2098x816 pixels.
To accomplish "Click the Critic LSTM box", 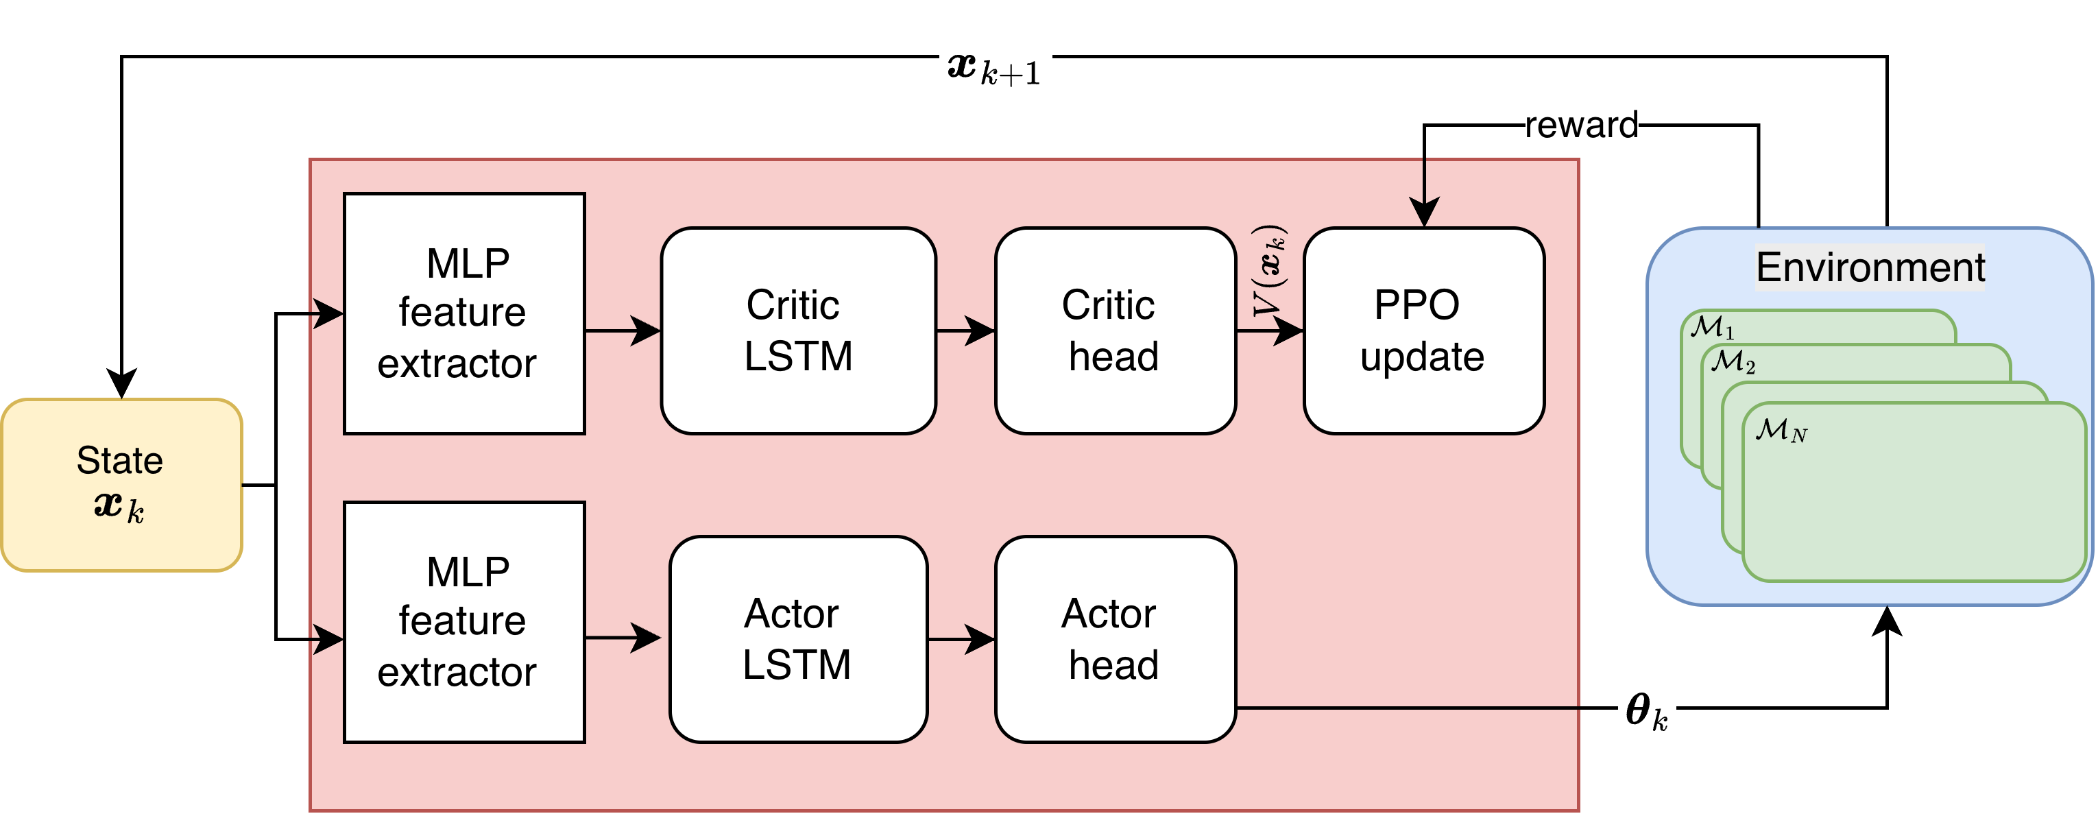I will click(797, 331).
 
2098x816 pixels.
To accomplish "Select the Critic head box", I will click(1114, 331).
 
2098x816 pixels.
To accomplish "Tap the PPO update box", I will click(1423, 331).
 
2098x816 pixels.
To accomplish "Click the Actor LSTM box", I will click(797, 639).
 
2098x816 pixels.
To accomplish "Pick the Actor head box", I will click(1114, 639).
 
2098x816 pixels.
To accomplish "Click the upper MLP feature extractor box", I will click(463, 313).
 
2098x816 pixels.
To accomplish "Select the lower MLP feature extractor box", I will click(463, 622).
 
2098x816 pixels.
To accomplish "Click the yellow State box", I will click(121, 485).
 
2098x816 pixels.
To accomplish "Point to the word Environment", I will click(1870, 267).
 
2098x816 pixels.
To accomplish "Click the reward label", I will click(1581, 125).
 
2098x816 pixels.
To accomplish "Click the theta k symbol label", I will click(1646, 711).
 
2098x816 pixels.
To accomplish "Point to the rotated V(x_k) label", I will click(1269, 270).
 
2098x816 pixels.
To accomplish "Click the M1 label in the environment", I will click(1712, 327).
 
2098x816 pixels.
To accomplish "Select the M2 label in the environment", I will click(1733, 361).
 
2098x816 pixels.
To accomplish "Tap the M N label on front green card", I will click(1781, 430).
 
